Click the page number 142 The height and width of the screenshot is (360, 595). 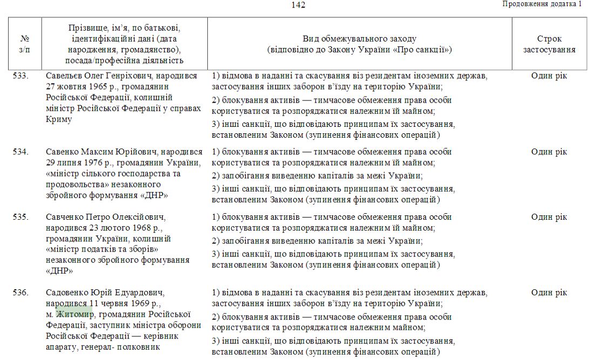click(x=298, y=5)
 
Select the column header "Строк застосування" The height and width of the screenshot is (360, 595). click(x=549, y=44)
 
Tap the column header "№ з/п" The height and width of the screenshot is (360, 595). click(x=25, y=44)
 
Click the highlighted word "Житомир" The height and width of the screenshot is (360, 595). click(x=75, y=314)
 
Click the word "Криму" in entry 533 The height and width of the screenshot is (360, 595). click(x=59, y=119)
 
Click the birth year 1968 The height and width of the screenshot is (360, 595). click(x=140, y=228)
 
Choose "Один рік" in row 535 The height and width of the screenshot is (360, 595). click(x=549, y=218)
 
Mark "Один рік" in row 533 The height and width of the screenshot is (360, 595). click(x=549, y=76)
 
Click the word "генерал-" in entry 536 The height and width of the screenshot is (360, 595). click(x=99, y=347)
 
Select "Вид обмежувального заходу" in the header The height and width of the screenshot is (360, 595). click(x=359, y=39)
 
